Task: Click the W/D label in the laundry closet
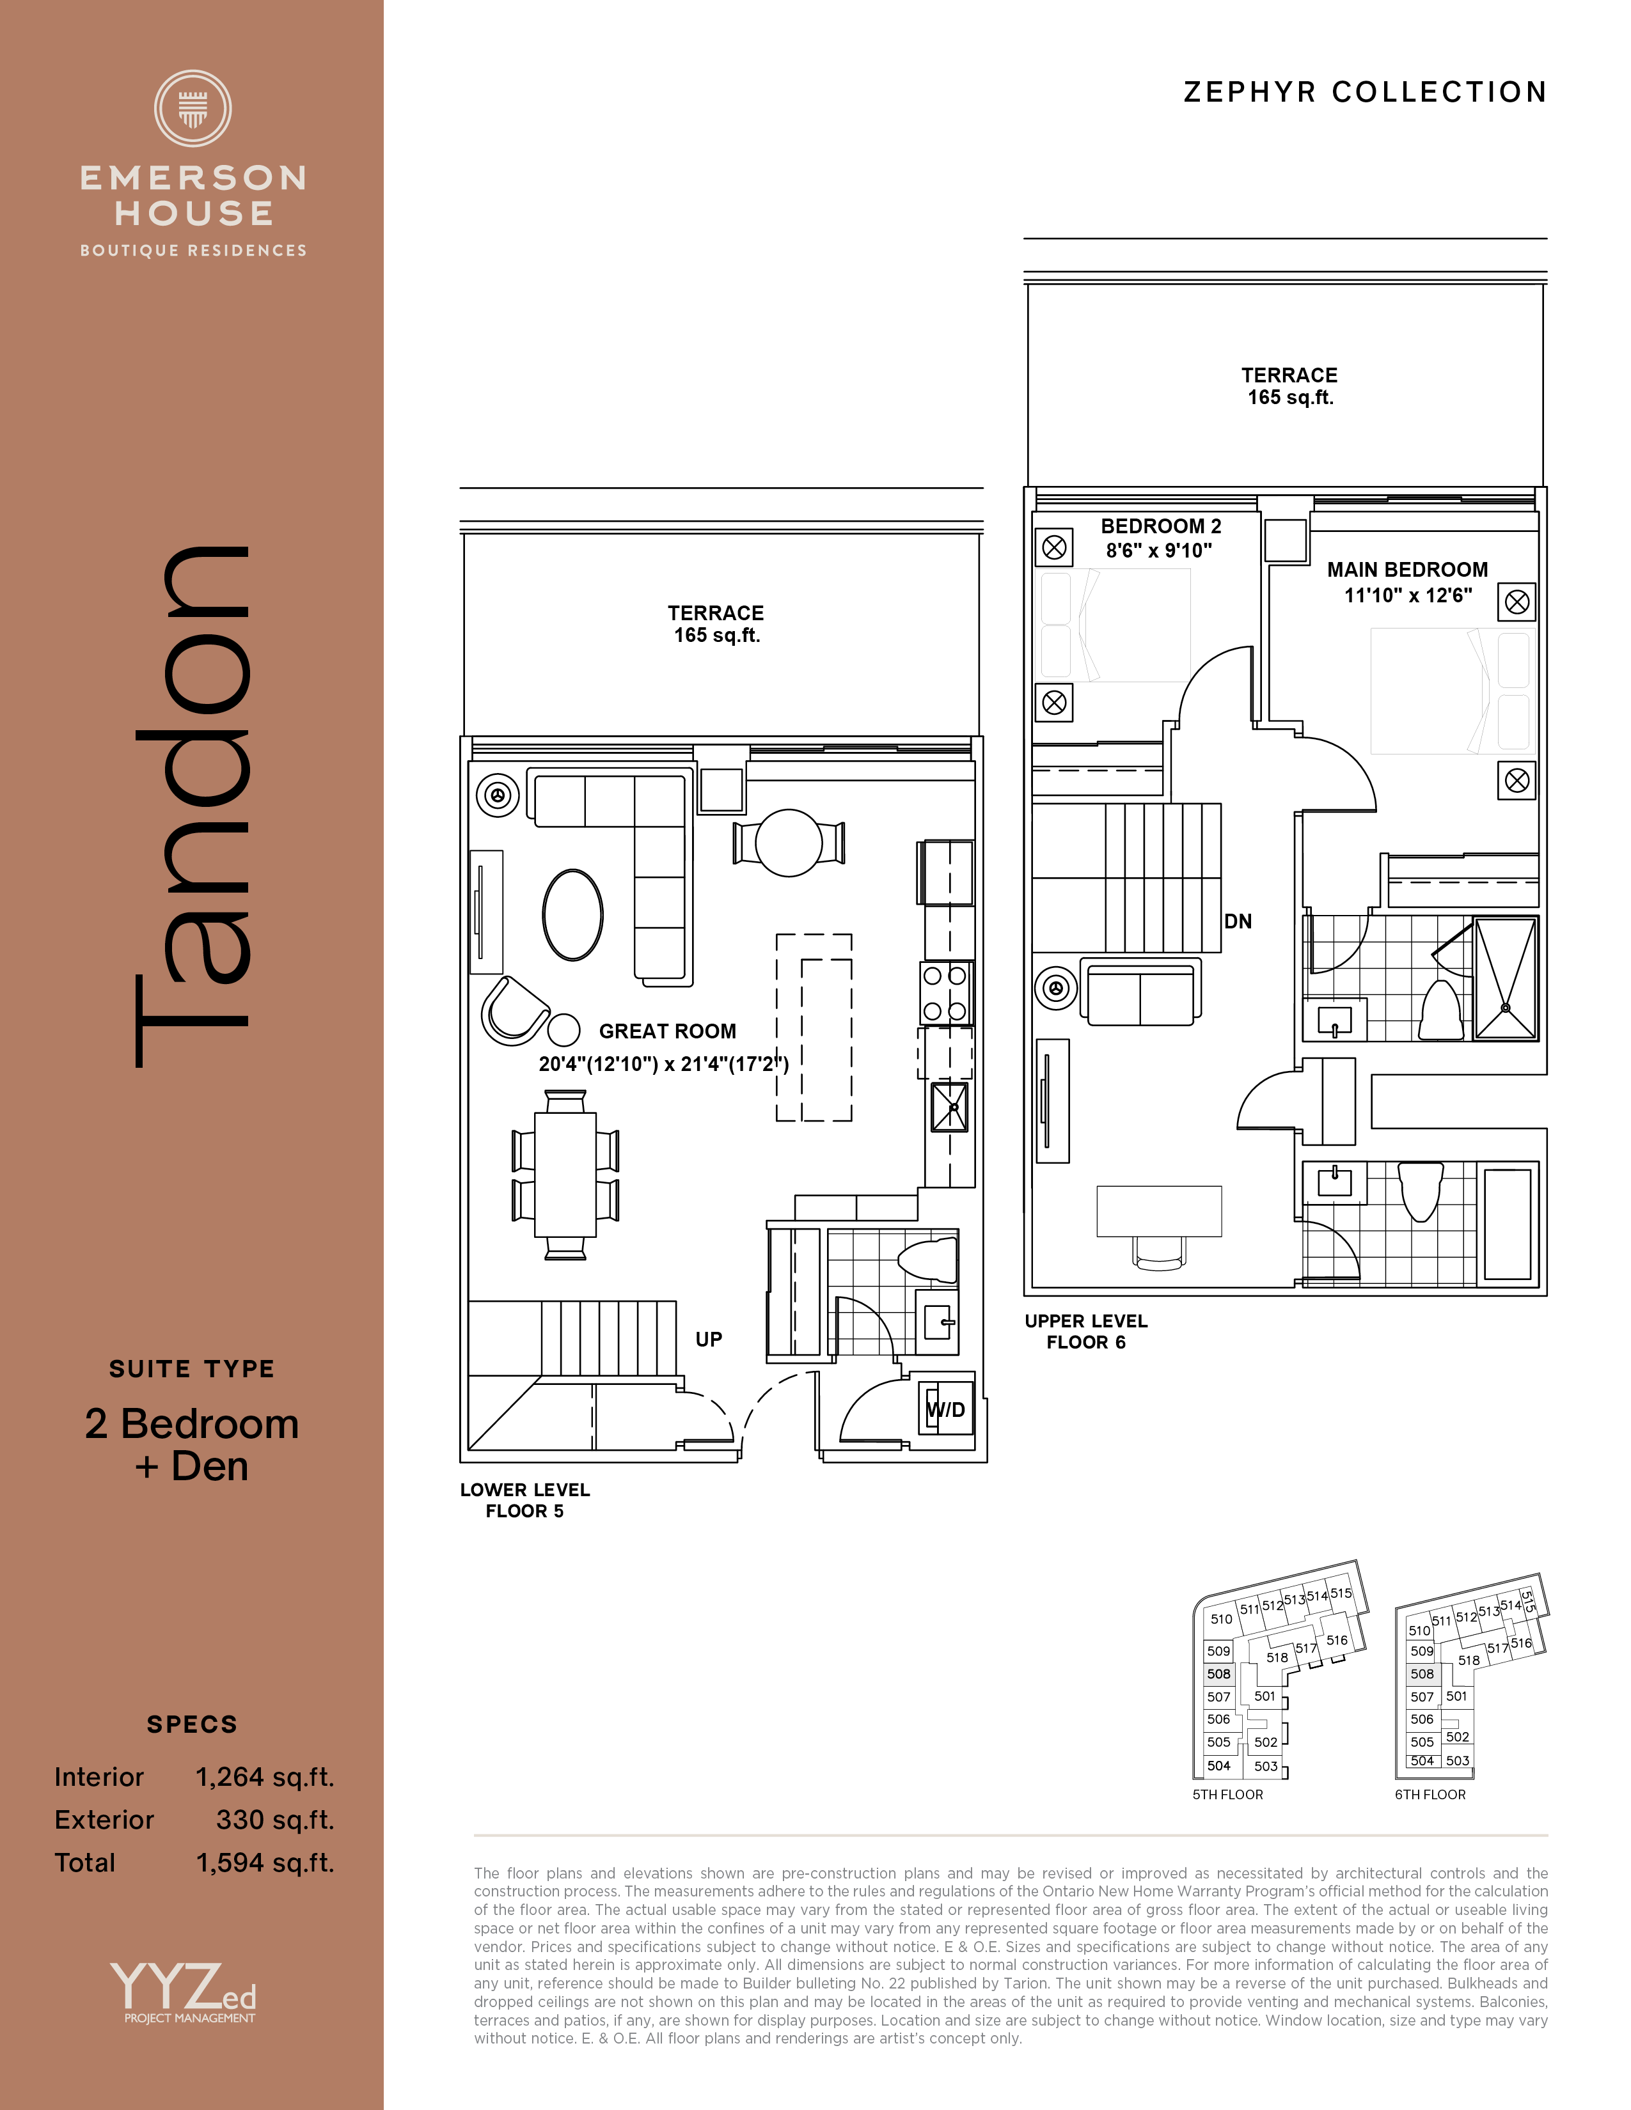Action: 946,1410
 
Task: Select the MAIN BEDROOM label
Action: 1407,569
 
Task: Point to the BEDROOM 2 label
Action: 1160,526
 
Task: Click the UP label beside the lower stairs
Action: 708,1339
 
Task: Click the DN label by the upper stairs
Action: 1238,921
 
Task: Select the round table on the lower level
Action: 789,843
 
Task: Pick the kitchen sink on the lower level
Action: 949,1107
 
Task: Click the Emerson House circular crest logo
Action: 193,108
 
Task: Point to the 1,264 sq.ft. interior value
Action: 265,1777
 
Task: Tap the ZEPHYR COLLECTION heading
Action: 1366,92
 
